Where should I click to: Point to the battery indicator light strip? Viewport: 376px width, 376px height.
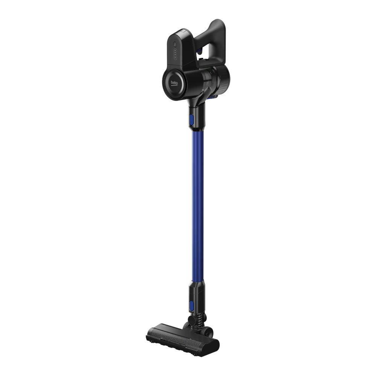(175, 54)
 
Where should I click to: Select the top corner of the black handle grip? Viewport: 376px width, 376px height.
(217, 19)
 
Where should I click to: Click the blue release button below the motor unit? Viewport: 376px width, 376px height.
(192, 119)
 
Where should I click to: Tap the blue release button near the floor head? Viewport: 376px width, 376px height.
(191, 305)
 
